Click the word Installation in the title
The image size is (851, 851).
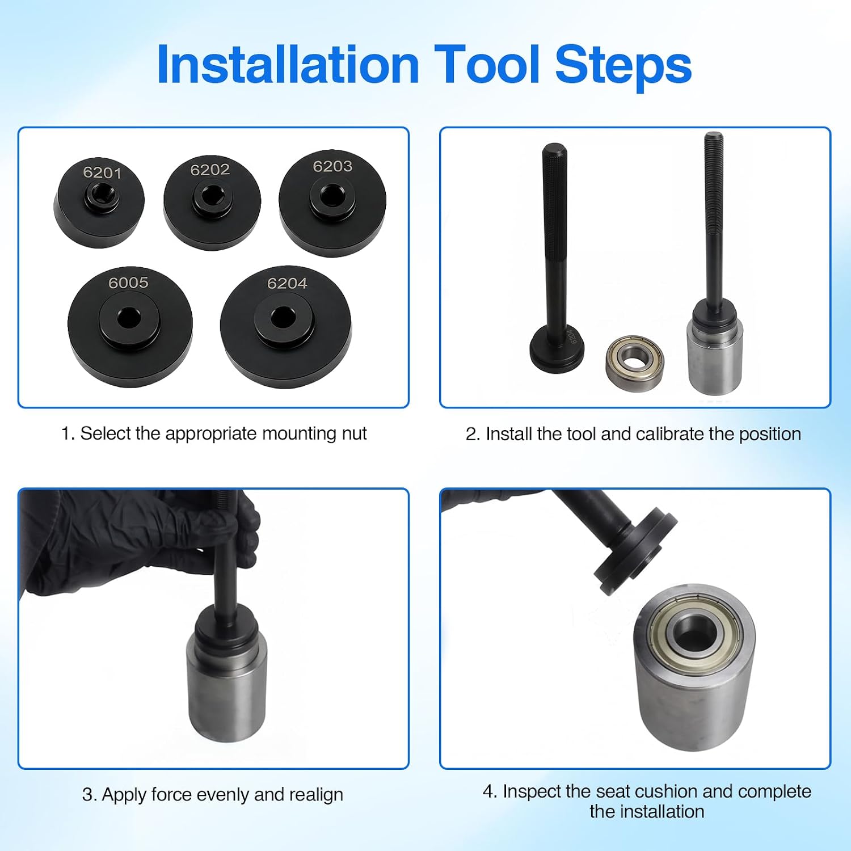coord(288,65)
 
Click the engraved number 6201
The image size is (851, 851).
coord(102,172)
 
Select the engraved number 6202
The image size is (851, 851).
coord(210,170)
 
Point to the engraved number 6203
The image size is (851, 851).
coord(332,166)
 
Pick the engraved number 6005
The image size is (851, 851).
coord(129,283)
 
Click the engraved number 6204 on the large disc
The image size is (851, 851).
coord(287,283)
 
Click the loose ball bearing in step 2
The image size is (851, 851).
coord(634,359)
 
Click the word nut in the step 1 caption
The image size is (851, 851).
coord(354,434)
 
